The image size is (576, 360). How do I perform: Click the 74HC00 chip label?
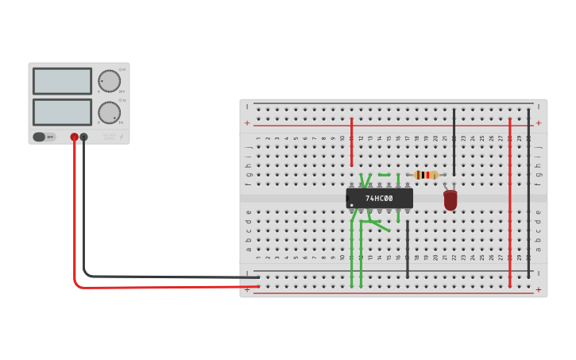click(379, 198)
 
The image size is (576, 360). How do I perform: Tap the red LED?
click(450, 200)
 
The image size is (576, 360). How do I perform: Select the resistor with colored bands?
click(427, 175)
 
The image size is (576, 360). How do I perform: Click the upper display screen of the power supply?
click(62, 81)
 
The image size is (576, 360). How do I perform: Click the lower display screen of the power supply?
click(62, 111)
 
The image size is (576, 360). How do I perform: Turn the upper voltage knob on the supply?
click(109, 81)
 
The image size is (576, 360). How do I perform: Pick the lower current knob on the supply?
click(109, 112)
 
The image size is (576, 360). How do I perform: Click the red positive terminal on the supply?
click(75, 137)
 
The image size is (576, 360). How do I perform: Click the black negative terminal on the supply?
click(83, 137)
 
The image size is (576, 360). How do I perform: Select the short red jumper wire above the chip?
click(351, 143)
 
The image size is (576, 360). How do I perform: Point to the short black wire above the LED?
click(454, 143)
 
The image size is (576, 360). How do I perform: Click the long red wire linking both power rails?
click(510, 203)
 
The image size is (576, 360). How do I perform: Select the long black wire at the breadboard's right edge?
click(528, 195)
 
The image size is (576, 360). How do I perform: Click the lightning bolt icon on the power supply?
click(121, 137)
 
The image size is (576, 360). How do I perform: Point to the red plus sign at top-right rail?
click(539, 123)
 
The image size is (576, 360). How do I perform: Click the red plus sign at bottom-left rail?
click(247, 290)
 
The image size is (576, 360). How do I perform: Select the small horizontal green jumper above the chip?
click(385, 175)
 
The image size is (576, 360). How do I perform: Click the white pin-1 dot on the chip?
click(352, 204)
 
